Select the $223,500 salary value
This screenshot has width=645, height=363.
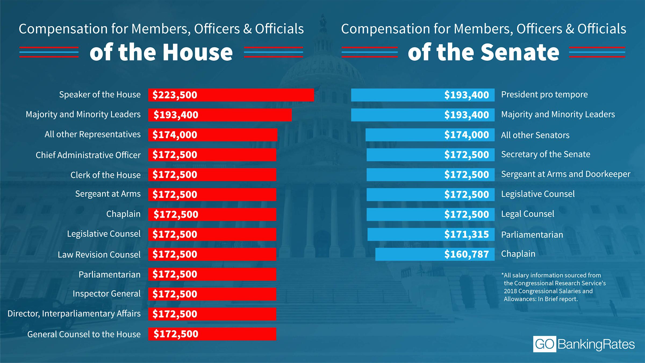pyautogui.click(x=175, y=95)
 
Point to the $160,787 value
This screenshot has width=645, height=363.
pyautogui.click(x=466, y=254)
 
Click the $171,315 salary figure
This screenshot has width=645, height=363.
pyautogui.click(x=466, y=234)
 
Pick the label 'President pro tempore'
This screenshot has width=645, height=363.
pyautogui.click(x=544, y=95)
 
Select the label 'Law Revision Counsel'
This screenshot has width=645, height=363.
pyautogui.click(x=99, y=254)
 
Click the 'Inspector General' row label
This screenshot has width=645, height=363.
pyautogui.click(x=106, y=294)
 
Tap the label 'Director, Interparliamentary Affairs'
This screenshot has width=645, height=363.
pyautogui.click(x=74, y=314)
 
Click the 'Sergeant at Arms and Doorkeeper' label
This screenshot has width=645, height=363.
pyautogui.click(x=565, y=174)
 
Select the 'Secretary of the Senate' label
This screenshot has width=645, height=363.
pyautogui.click(x=546, y=154)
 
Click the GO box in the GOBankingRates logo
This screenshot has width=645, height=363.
pyautogui.click(x=544, y=344)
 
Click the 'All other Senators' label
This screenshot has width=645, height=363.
pyautogui.click(x=535, y=135)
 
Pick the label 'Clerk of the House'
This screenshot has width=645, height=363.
pyautogui.click(x=105, y=175)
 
